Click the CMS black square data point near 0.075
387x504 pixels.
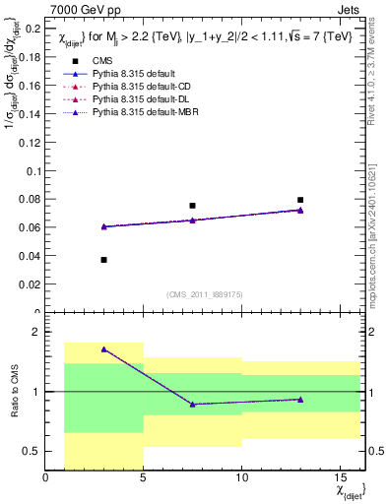tap(192, 206)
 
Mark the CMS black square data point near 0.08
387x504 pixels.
tap(300, 200)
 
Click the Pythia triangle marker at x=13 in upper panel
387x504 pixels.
tap(300, 210)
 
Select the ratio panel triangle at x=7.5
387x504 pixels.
tap(192, 405)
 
